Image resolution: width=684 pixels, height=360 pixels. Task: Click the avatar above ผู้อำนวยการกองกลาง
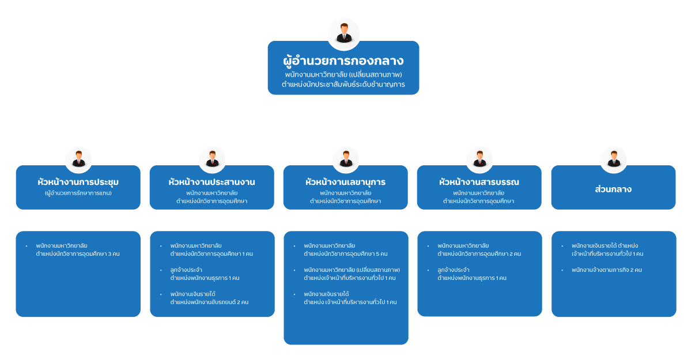click(343, 33)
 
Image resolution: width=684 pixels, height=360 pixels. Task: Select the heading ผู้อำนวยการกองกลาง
click(343, 60)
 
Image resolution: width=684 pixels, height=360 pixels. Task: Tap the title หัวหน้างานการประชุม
click(78, 183)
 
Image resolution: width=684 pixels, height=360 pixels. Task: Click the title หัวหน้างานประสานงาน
click(211, 182)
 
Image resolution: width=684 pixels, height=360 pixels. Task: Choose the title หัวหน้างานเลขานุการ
click(345, 182)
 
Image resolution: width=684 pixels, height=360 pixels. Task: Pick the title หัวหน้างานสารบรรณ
click(479, 182)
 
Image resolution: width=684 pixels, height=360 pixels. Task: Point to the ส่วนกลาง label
click(613, 189)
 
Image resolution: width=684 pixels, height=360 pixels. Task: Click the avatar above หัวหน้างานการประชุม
click(78, 158)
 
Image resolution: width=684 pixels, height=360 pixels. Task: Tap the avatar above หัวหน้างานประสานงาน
click(212, 158)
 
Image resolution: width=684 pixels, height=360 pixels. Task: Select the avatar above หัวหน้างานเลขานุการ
click(346, 158)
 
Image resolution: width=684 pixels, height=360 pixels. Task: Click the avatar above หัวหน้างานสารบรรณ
click(479, 158)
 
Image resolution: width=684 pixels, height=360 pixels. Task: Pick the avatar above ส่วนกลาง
click(613, 158)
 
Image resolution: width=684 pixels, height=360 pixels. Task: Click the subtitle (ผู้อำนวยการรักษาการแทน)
click(78, 193)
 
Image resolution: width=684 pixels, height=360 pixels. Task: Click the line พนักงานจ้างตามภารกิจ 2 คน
click(607, 270)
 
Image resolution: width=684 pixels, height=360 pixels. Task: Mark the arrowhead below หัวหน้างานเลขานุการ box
click(346, 226)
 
